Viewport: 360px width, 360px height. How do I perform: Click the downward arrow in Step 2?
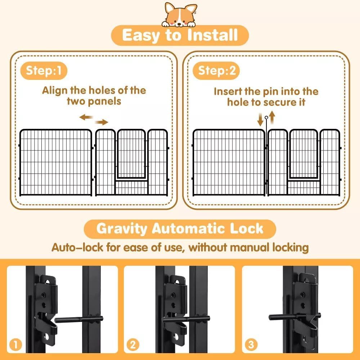260,119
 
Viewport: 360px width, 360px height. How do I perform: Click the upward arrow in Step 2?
273,117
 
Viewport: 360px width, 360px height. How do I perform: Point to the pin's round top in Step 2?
266,117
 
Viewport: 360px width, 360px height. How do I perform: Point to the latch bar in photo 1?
77,319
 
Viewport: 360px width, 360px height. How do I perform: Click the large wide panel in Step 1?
55,163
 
